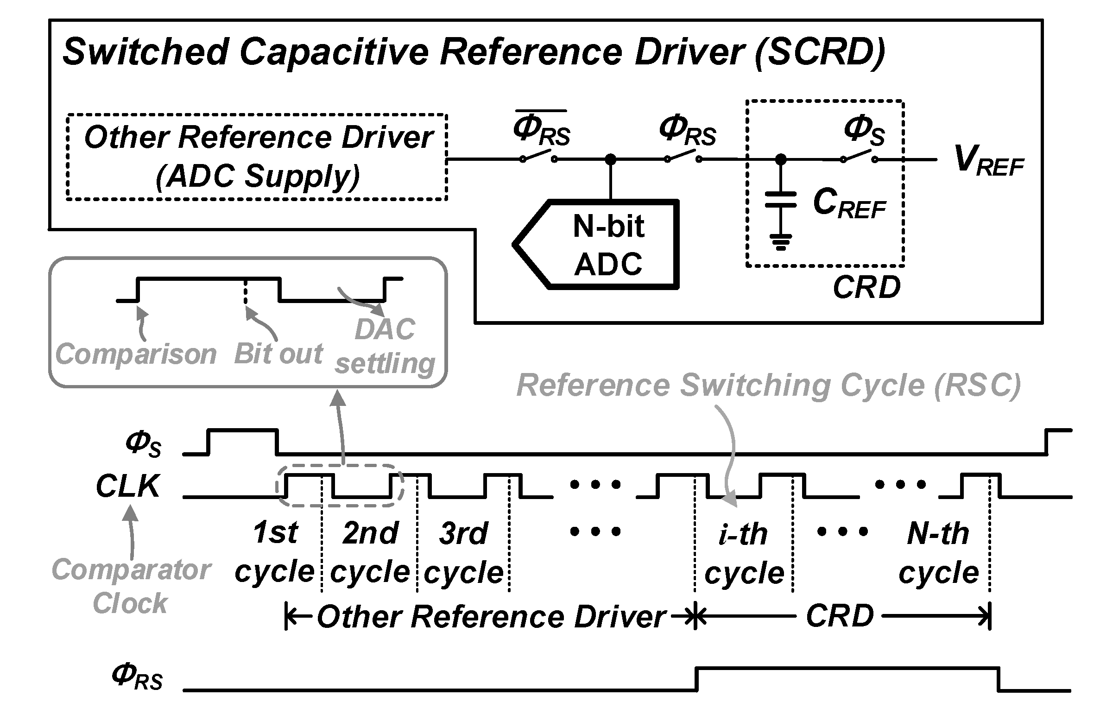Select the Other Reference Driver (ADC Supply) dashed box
point(257,157)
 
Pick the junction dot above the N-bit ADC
point(610,160)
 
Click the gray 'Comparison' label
point(136,354)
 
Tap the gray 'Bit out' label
point(278,354)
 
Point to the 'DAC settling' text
point(385,347)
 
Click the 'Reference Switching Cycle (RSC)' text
point(768,386)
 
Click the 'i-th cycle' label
point(744,553)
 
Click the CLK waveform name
point(128,486)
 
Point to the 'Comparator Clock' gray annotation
point(131,586)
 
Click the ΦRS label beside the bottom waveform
point(137,677)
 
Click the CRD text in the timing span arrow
point(840,616)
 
